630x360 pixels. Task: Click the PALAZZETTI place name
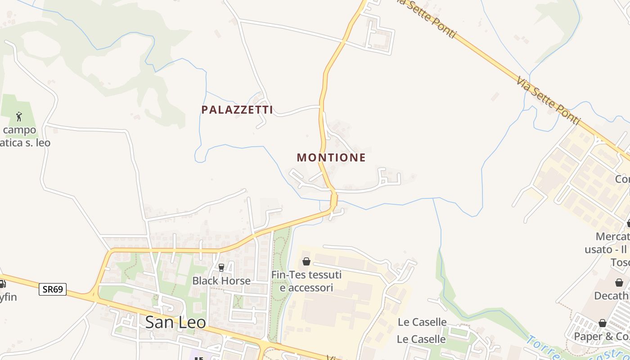tap(237, 110)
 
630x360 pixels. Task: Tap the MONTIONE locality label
tap(331, 157)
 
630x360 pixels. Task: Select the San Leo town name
tap(175, 322)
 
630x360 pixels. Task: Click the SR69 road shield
tap(53, 289)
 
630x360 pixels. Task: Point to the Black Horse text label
tap(221, 281)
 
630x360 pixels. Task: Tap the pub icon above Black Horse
tap(221, 267)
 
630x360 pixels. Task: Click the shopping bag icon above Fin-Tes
tap(306, 261)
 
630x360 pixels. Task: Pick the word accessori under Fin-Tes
tap(306, 288)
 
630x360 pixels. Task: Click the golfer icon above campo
tap(19, 117)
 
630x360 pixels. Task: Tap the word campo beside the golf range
tap(19, 130)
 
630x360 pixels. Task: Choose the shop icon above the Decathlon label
tap(619, 283)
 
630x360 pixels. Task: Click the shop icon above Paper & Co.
tap(603, 323)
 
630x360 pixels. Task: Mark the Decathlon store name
tap(612, 296)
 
